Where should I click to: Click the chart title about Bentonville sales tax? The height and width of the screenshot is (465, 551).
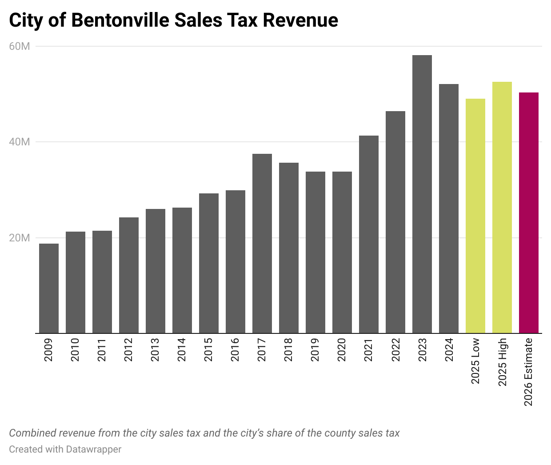point(173,20)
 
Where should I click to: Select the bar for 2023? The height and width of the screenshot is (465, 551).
point(422,194)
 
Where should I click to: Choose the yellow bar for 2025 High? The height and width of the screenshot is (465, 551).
point(502,207)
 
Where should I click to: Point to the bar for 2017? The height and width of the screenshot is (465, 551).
point(262,243)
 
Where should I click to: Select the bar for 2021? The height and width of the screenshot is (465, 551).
point(368,234)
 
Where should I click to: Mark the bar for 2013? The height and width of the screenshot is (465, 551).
point(155,271)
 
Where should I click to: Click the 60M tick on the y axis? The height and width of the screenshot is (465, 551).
point(20,46)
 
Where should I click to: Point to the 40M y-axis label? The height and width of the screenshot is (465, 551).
point(20,142)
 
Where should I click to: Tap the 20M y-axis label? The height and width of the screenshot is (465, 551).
point(20,238)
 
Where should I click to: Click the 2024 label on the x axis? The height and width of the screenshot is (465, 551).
point(449,350)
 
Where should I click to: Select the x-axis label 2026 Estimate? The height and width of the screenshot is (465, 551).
point(528,372)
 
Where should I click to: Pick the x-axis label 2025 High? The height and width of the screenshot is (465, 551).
point(502,362)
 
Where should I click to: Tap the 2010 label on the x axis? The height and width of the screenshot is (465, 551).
point(75,350)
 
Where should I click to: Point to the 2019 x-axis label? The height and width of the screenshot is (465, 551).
point(315,350)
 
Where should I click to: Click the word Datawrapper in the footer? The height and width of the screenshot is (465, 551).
point(93,449)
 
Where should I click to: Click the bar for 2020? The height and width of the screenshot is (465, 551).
point(342,252)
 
